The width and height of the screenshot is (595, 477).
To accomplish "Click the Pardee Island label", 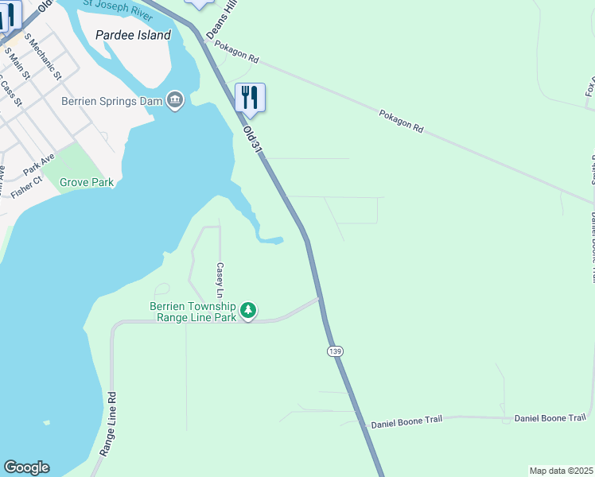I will coord(133,35).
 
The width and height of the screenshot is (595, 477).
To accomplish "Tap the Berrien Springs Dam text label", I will coord(111,101).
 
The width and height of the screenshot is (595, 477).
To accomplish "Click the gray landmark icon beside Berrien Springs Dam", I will coord(175,99).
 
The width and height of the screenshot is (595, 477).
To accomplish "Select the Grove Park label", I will coord(87,182).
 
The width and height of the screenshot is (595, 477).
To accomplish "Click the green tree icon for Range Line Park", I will coord(248,310).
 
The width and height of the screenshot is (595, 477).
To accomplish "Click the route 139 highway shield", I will coord(334,351).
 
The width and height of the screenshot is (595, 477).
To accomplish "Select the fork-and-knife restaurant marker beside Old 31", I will coord(251,98).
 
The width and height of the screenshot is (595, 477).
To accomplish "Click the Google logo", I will coord(26,467).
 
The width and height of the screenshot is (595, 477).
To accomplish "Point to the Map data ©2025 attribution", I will coord(561,471).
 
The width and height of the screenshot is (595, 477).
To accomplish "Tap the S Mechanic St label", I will coord(43,56).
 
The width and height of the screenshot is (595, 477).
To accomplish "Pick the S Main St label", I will coord(17,64).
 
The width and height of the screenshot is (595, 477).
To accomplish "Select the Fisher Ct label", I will coord(26,188).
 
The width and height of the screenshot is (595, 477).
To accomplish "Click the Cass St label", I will coord(10,91).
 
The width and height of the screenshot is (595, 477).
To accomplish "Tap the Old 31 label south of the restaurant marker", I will coord(253,138).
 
